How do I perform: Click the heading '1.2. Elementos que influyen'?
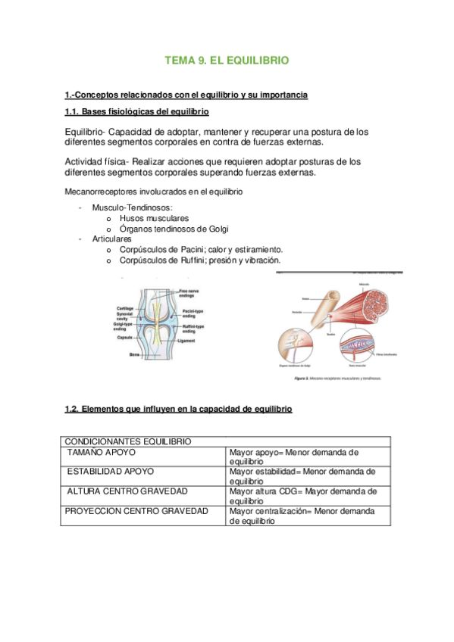click(x=178, y=409)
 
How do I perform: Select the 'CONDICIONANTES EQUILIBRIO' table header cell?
click(x=127, y=441)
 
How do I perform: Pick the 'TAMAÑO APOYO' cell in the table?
click(x=102, y=452)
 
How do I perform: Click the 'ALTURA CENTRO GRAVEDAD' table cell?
click(x=127, y=491)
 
